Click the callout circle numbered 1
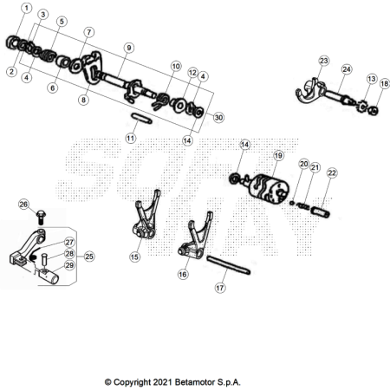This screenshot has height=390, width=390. coord(27,8)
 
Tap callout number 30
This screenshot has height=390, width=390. coord(218,118)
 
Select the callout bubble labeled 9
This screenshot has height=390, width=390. coord(129,48)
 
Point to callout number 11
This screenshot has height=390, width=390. coord(131,139)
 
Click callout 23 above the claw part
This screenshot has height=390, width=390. coord(324,61)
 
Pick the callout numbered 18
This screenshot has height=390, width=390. coord(384,84)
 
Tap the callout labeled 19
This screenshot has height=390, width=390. coord(278,156)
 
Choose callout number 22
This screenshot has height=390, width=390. coord(332,172)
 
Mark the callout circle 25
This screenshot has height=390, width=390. coord(89,257)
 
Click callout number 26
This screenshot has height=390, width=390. coord(23,205)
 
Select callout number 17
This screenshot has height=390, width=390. coord(220,288)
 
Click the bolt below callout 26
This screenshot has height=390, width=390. coord(41,218)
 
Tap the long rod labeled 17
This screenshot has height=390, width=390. coord(229,265)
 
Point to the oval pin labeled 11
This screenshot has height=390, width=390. coord(141,118)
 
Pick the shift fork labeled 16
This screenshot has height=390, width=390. coord(195,238)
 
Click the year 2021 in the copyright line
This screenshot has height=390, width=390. coord(163,382)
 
